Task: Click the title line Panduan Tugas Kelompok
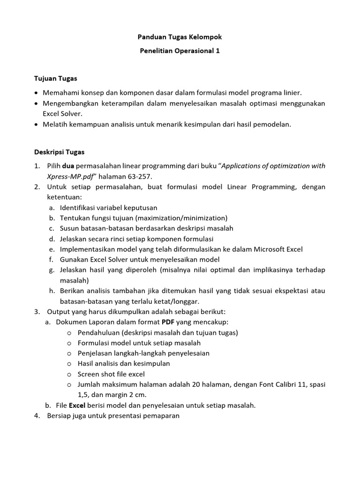point(180,36)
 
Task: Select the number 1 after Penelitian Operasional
point(217,51)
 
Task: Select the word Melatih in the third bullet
point(55,124)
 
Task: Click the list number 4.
point(37,415)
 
